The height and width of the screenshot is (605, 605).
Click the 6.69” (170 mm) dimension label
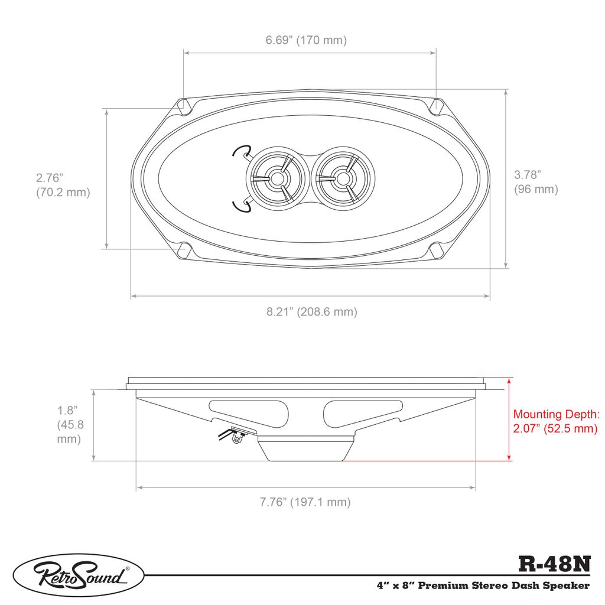click(x=306, y=40)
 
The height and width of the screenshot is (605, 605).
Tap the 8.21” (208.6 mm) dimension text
click(x=312, y=311)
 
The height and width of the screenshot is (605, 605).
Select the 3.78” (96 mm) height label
click(x=536, y=182)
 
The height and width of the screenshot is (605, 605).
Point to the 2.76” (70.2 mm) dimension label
click(x=63, y=185)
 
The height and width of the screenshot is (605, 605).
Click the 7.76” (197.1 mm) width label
click(x=305, y=502)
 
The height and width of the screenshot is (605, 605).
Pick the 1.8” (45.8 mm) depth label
click(x=70, y=424)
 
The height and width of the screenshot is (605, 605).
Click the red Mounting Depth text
click(x=556, y=421)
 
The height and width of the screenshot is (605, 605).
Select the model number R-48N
click(x=554, y=564)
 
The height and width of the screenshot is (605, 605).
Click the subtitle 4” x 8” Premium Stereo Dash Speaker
click(x=483, y=586)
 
